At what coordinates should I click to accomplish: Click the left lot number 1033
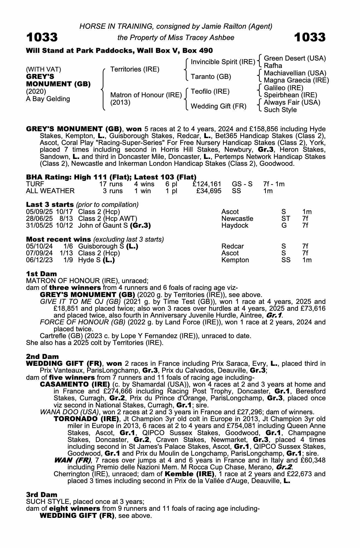[x=42, y=37]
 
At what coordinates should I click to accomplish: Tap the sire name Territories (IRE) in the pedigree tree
[x=135, y=69]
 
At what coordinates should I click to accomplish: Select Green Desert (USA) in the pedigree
[x=295, y=58]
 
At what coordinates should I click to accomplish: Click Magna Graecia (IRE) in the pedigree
[x=296, y=80]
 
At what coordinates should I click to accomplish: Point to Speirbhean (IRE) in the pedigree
[x=290, y=95]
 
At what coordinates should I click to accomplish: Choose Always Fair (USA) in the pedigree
[x=292, y=102]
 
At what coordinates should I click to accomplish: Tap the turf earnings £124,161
[x=207, y=184]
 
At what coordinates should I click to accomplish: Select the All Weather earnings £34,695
[x=209, y=191]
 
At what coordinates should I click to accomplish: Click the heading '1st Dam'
[x=41, y=274]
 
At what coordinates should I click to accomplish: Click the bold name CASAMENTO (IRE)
[x=75, y=384]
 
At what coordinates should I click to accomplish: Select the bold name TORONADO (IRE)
[x=87, y=419]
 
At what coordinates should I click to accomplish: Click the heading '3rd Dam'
[x=42, y=495]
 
